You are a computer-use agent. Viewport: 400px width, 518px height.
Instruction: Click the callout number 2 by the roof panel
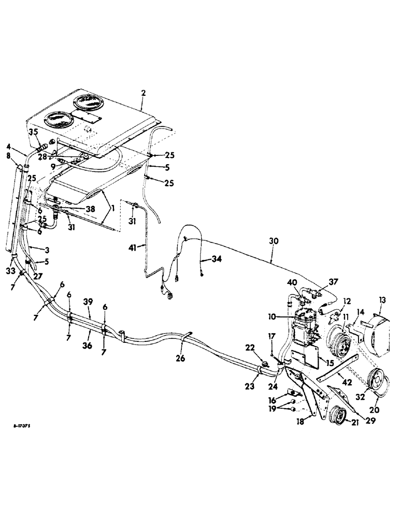tap(144, 93)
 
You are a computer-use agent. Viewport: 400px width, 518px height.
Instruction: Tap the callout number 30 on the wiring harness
tap(273, 241)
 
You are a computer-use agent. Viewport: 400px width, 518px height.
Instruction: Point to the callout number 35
tap(33, 133)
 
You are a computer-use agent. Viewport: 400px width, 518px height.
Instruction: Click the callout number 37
tap(333, 282)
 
